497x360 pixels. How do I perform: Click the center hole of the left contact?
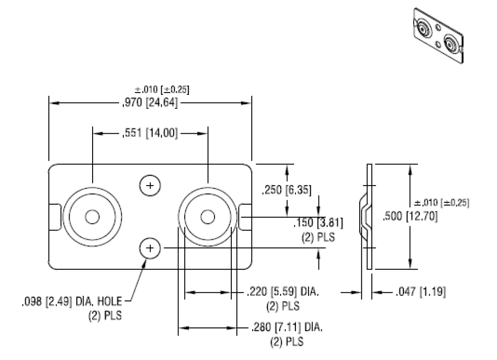coord(92,217)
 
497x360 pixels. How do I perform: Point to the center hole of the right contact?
coord(207,217)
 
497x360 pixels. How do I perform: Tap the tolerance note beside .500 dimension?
coord(441,203)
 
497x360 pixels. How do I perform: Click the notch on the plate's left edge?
coord(54,217)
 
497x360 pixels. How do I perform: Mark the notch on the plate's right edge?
coord(246,217)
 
